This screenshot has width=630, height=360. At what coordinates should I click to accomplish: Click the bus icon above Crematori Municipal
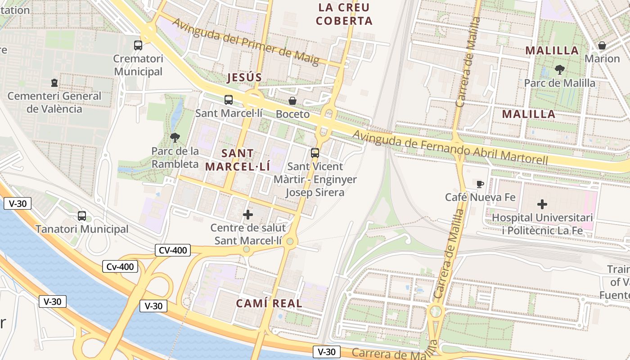tap(138, 45)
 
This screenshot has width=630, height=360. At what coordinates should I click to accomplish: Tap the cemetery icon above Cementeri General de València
tap(54, 83)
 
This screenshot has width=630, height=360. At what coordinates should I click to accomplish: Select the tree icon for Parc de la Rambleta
tap(175, 138)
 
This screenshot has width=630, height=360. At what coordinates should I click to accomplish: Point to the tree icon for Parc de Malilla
tap(560, 70)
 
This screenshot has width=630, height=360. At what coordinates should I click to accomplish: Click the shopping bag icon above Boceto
tap(292, 101)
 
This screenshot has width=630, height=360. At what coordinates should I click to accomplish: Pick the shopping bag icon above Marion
tap(602, 45)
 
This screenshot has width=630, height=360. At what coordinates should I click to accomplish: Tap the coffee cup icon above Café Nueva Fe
tap(480, 184)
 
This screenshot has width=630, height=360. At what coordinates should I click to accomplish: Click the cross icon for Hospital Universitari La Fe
tap(542, 204)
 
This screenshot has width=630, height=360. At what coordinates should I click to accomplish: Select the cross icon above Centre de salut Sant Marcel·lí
tap(248, 215)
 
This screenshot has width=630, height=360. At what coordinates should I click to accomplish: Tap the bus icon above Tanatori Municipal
tap(82, 216)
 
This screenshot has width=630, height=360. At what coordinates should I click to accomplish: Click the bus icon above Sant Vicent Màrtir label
tap(315, 153)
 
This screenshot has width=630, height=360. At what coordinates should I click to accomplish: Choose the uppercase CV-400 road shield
tap(172, 250)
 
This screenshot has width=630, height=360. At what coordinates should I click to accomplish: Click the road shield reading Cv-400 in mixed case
tap(120, 267)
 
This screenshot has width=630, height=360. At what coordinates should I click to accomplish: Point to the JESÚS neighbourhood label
tap(244, 77)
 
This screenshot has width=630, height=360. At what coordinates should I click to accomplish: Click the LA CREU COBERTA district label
tap(344, 14)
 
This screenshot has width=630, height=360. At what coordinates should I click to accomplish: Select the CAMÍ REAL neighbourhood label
tap(269, 303)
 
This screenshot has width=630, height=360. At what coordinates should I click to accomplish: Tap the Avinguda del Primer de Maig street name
tap(246, 42)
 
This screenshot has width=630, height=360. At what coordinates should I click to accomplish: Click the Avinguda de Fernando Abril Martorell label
tap(450, 147)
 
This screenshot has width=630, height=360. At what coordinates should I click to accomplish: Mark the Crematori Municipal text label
tap(138, 65)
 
